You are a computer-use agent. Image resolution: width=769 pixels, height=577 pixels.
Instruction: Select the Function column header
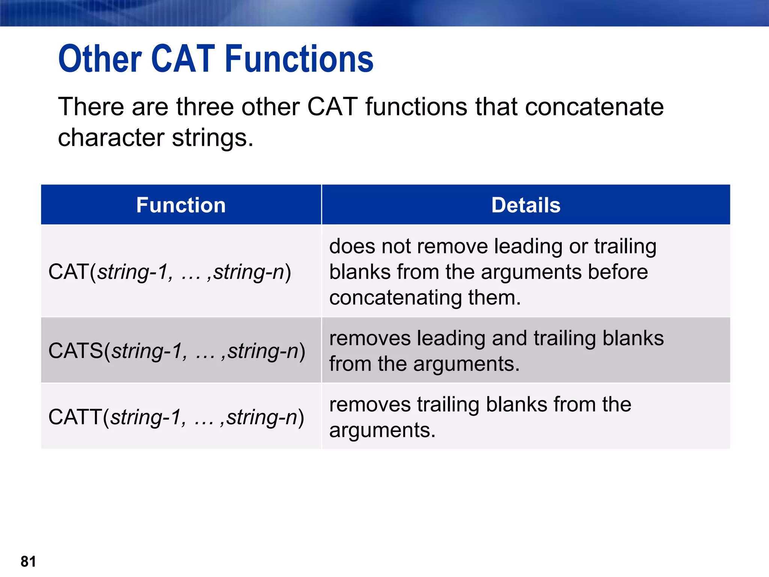click(181, 205)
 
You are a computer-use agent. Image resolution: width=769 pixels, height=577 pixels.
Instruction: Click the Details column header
click(526, 205)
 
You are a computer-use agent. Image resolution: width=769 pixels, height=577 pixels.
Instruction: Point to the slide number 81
click(29, 562)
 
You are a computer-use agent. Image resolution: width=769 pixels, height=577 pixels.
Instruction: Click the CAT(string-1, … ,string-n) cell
click(170, 272)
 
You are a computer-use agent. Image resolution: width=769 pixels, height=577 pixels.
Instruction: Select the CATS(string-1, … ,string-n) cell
click(177, 351)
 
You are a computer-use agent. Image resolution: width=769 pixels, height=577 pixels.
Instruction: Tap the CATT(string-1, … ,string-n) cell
click(176, 417)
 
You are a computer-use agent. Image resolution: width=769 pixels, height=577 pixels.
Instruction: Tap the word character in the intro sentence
click(111, 137)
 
